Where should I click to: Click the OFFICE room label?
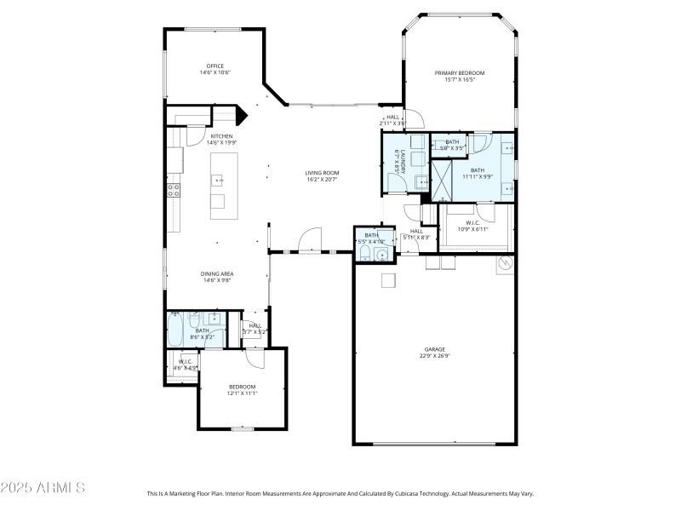pyautogui.click(x=215, y=66)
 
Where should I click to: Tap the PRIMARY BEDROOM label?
pyautogui.click(x=460, y=73)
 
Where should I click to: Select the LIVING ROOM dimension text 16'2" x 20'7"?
pyautogui.click(x=322, y=180)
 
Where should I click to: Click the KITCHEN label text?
pyautogui.click(x=221, y=136)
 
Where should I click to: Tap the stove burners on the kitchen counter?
pyautogui.click(x=173, y=190)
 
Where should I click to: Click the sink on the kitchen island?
pyautogui.click(x=218, y=180)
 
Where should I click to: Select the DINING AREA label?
pyautogui.click(x=217, y=273)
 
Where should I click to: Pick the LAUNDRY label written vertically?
pyautogui.click(x=397, y=162)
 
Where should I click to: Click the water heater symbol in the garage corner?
pyautogui.click(x=504, y=264)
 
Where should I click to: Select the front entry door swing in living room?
pyautogui.click(x=312, y=239)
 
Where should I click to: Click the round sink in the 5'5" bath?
pyautogui.click(x=384, y=239)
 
